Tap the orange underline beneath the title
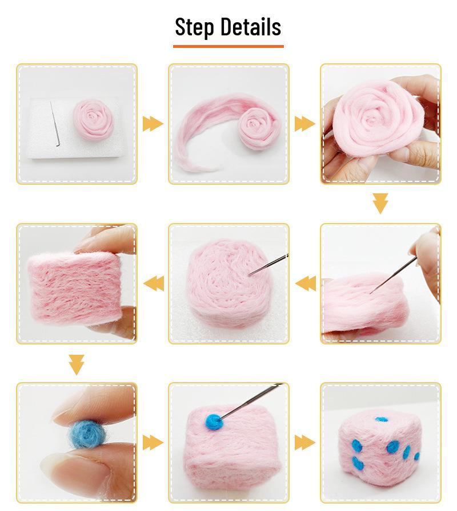228,46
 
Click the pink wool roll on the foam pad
94,118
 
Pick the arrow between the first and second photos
153,123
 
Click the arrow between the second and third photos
304,123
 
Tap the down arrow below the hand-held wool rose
380,203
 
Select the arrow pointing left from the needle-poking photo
305,282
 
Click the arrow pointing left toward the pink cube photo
153,282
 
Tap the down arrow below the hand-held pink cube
76,364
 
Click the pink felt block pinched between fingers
74,287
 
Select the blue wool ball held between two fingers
85,435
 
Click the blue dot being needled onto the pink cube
214,421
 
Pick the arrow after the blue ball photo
153,442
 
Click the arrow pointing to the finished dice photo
304,442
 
